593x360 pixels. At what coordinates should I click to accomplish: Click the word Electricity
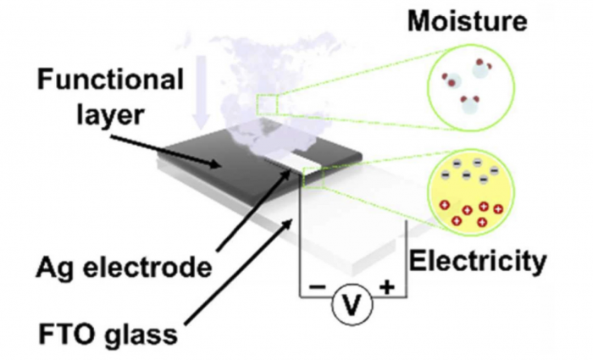coord(478,262)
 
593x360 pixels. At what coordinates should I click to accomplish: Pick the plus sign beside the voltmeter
coord(388,287)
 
